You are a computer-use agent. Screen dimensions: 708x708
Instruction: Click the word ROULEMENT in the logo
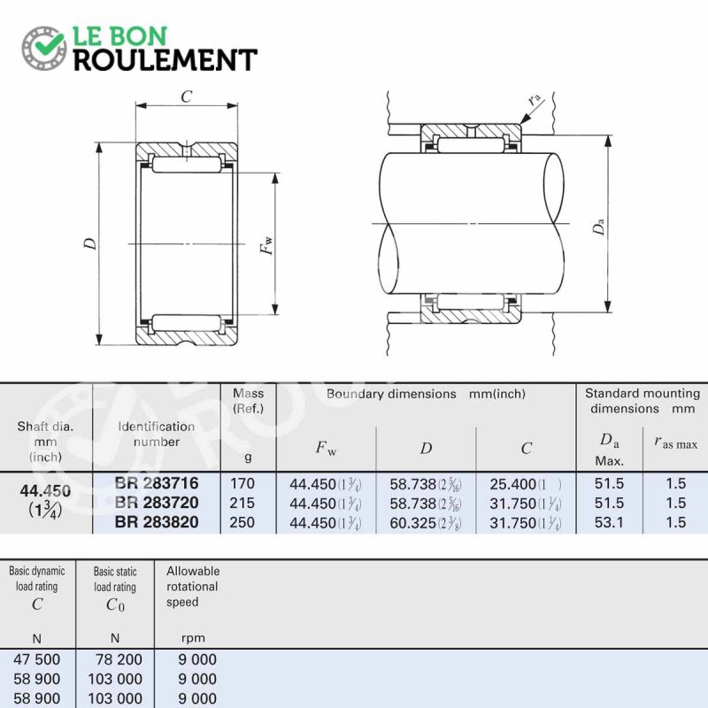tap(164, 60)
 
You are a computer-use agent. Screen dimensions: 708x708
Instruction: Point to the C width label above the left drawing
tap(187, 97)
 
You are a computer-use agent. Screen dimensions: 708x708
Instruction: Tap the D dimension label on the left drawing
tap(89, 243)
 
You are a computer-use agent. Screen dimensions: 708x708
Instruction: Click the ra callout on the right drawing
tap(534, 99)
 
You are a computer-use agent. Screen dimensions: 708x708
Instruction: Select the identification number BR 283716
tap(157, 483)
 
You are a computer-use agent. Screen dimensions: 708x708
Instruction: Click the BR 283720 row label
tap(157, 503)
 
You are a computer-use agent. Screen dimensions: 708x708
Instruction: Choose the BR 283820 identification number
tap(157, 522)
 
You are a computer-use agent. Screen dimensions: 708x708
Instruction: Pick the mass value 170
tap(242, 484)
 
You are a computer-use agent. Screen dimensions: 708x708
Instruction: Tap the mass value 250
tap(242, 522)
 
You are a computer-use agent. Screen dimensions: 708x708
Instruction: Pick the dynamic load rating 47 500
tap(38, 659)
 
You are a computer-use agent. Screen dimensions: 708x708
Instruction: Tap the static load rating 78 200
tap(115, 659)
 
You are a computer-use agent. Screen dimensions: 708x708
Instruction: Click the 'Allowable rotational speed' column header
tap(193, 587)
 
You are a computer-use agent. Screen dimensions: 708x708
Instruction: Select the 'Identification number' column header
tap(157, 434)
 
